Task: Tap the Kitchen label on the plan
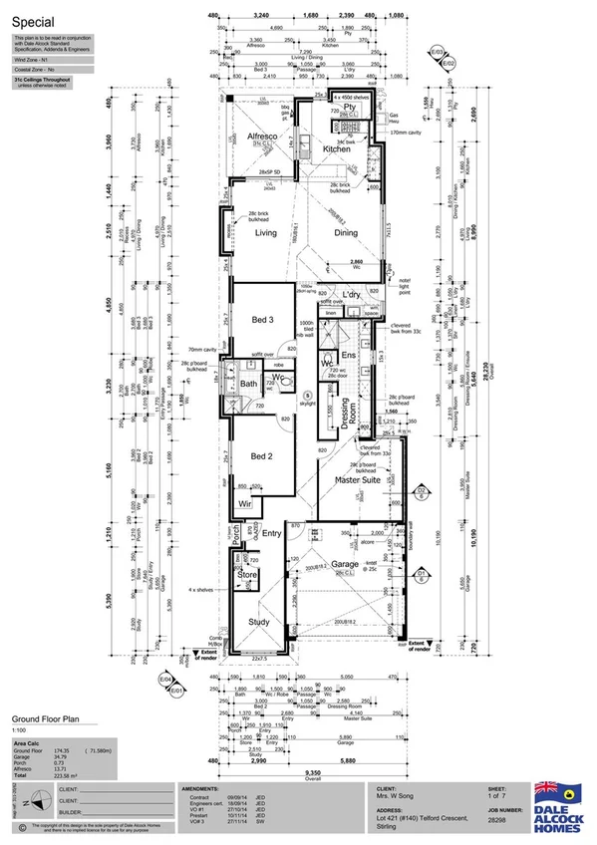coord(336,148)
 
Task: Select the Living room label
coord(266,233)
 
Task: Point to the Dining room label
coord(345,233)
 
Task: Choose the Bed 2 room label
coord(261,456)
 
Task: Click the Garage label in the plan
coord(346,564)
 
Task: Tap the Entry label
coord(271,534)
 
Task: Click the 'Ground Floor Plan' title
coord(46,716)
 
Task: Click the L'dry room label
coord(350,296)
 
